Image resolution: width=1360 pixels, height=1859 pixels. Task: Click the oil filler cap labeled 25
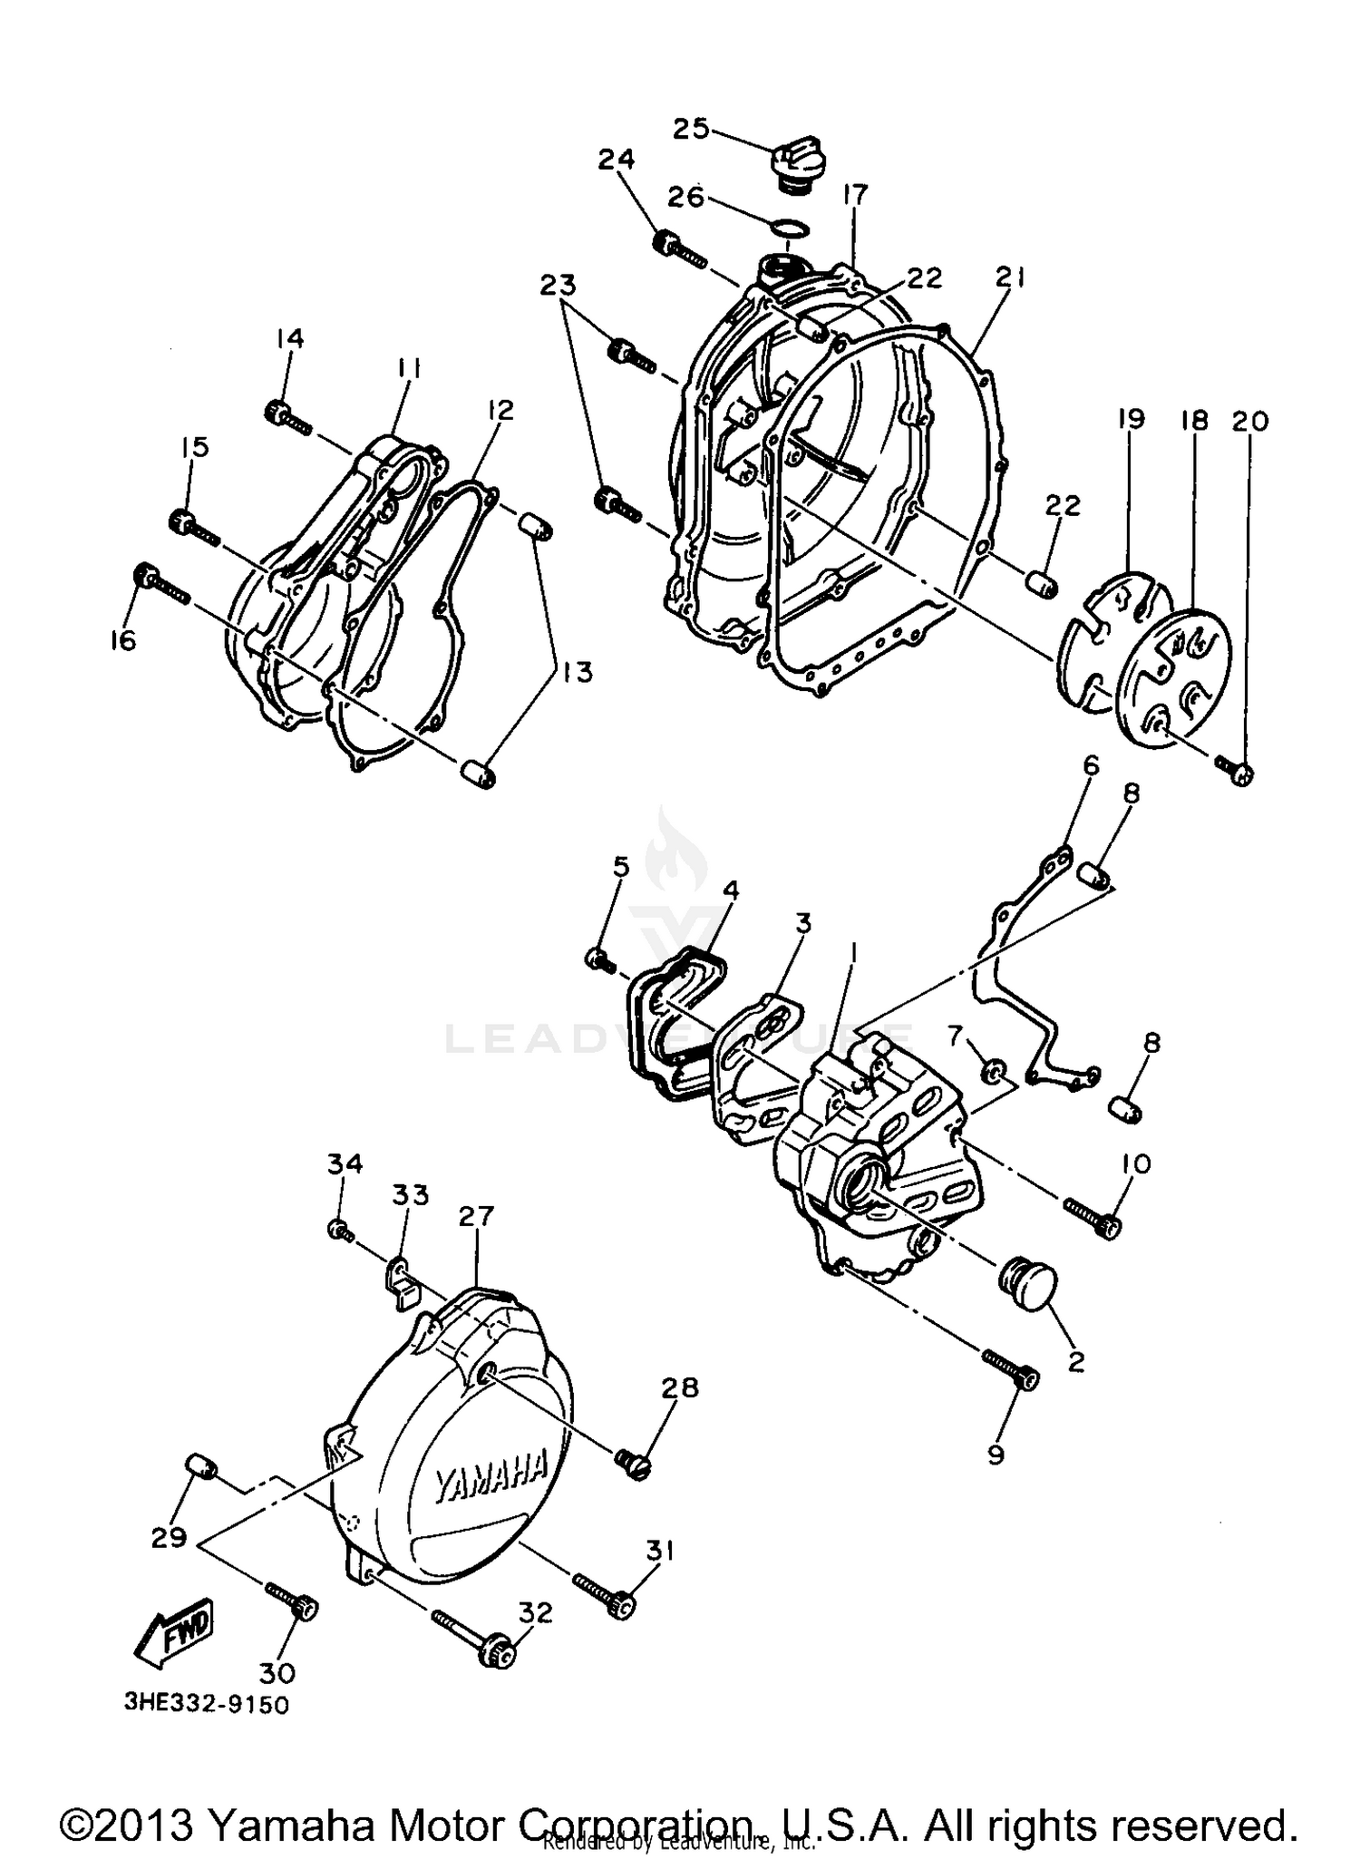(795, 165)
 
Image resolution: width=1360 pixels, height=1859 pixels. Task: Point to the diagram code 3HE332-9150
(207, 1705)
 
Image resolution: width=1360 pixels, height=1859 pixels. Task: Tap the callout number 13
(577, 672)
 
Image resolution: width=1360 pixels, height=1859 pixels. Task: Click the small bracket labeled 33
(402, 1282)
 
